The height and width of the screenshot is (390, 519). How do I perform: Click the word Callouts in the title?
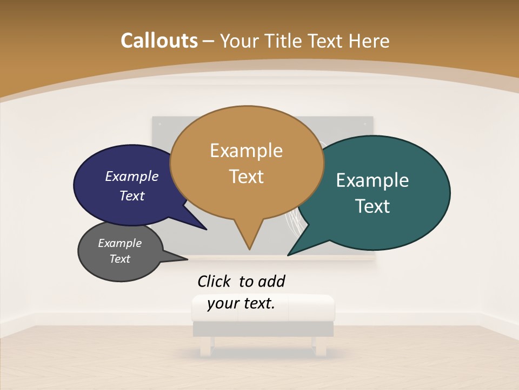tap(159, 41)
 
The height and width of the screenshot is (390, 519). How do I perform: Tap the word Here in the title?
tap(367, 41)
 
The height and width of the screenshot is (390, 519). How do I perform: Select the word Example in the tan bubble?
tap(246, 150)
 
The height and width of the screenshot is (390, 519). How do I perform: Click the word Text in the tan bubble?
tap(246, 176)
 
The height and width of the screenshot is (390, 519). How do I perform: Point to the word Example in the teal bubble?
tap(372, 180)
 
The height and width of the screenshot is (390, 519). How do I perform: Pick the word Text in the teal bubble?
tap(372, 206)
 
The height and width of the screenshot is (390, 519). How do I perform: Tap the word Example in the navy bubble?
tap(132, 176)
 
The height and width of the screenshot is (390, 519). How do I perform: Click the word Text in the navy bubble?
tap(132, 196)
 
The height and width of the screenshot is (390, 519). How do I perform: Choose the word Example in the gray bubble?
tap(119, 243)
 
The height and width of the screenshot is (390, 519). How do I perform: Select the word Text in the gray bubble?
tap(119, 259)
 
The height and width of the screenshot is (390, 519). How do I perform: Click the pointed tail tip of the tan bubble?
tap(249, 249)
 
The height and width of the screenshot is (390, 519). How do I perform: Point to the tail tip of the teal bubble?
tap(288, 255)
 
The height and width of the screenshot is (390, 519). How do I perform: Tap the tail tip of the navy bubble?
tap(206, 230)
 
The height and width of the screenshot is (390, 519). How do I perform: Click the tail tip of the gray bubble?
tap(187, 259)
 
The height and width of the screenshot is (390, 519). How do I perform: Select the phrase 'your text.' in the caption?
tap(241, 303)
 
